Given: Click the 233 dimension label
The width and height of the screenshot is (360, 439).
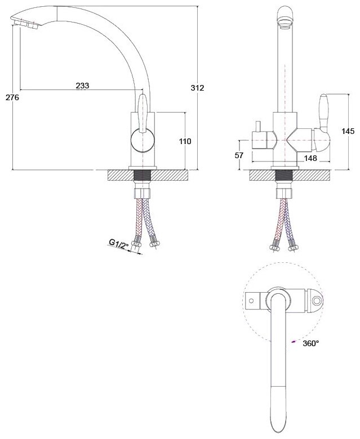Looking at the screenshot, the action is tap(82, 86).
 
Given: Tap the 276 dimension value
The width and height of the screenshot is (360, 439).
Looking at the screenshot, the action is tap(12, 97).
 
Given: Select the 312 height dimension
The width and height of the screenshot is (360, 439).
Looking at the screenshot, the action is tap(198, 88).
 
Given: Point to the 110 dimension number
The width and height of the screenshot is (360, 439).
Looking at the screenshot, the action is tap(185, 141).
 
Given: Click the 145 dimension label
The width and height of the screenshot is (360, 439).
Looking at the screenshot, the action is tap(348, 131).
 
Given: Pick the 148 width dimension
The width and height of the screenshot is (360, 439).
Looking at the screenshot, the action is tap(310, 158).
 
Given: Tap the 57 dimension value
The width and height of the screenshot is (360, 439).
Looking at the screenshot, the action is tap(239, 155).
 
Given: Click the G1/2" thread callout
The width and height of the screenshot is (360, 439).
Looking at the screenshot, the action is tap(119, 244).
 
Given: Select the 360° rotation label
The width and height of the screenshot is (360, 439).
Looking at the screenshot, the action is tap(310, 343).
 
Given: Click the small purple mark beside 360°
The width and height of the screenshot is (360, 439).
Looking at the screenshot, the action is tap(294, 341).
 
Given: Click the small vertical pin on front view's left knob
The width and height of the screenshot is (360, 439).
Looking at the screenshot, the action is tap(257, 127).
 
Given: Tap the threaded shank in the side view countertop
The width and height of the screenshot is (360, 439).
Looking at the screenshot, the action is tap(143, 175).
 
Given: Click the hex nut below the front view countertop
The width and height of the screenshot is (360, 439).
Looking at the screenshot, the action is tap(284, 193).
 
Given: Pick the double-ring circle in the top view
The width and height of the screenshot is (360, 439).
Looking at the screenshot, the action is tap(317, 301).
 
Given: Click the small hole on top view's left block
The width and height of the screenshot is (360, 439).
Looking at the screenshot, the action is tap(251, 301).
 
